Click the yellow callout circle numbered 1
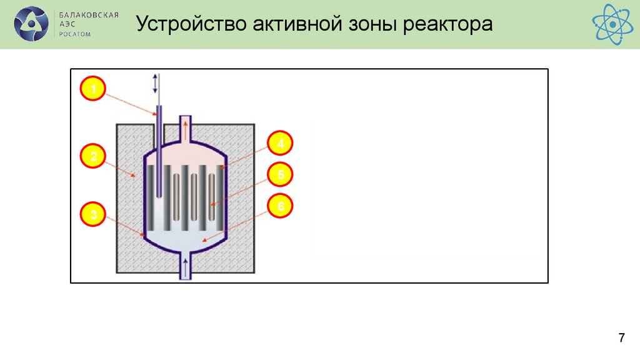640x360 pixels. coord(93,90)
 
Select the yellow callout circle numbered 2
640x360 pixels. coord(93,156)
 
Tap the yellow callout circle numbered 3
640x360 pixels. coord(93,216)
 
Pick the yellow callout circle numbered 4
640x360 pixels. coord(281,145)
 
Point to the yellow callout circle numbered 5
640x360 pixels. coord(281,175)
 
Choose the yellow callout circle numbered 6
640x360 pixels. coord(281,206)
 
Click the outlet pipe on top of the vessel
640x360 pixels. coord(185,128)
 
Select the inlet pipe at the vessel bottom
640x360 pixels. coord(185,267)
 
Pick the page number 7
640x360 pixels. coord(621,339)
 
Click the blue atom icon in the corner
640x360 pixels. coord(612,24)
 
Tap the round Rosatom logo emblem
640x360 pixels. coord(31,24)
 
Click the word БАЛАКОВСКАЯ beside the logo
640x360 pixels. coord(88,14)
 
